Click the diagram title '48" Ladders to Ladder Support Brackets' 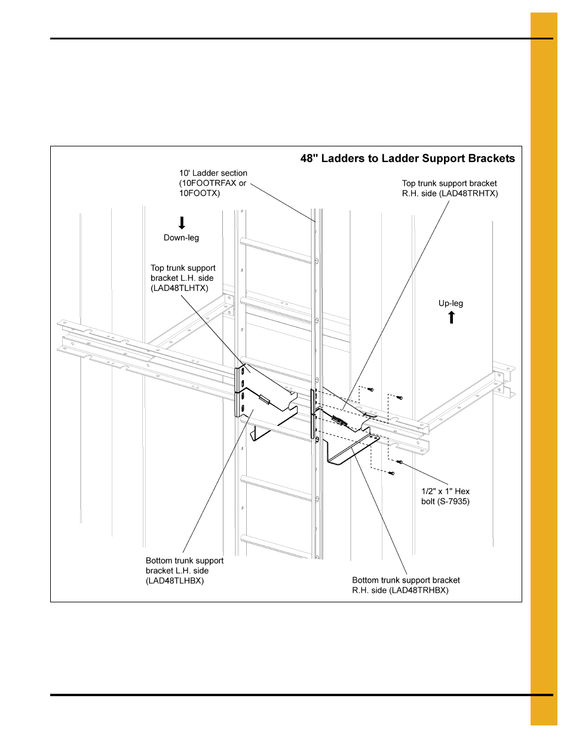tap(407, 158)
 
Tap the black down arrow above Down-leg tap(182, 223)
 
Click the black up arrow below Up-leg tap(452, 317)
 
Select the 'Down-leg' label tap(181, 238)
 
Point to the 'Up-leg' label tap(451, 304)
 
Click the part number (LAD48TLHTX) tap(179, 288)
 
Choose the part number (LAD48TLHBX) tap(174, 581)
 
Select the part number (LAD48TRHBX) tap(419, 590)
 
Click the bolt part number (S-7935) tap(453, 501)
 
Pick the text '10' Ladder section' tap(213, 173)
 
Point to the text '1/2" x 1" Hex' tap(445, 491)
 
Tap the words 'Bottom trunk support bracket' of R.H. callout tap(406, 580)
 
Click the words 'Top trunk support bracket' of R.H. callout tap(449, 183)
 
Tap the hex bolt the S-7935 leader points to tap(400, 462)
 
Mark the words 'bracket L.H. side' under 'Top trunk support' tap(182, 278)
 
